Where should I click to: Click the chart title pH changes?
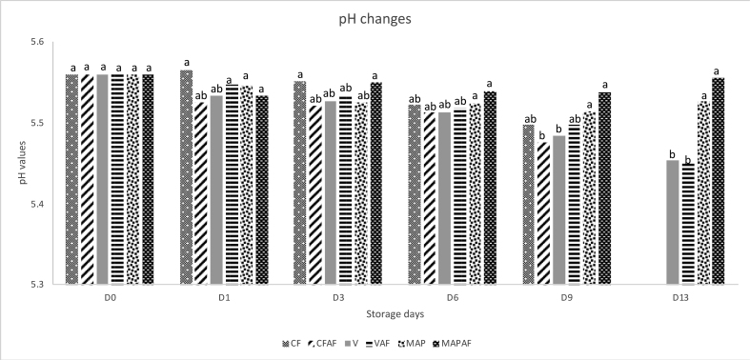(375, 20)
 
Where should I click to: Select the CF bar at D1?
(186, 177)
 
